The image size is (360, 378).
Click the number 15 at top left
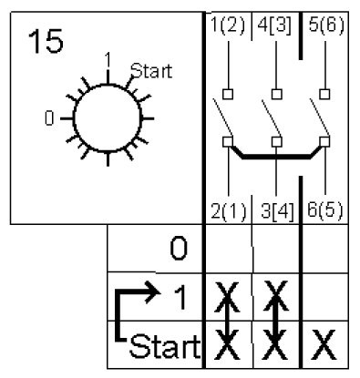click(x=46, y=41)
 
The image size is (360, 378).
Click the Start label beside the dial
click(x=151, y=71)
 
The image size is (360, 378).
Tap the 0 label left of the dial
click(x=49, y=118)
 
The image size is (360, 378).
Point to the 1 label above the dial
click(x=107, y=60)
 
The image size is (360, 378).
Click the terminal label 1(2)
click(x=228, y=25)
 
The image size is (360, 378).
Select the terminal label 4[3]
click(x=274, y=25)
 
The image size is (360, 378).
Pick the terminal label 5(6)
click(x=326, y=25)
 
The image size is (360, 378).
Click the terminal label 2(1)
click(x=228, y=210)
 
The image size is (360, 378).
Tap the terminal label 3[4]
click(x=277, y=210)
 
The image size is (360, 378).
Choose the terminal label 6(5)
click(x=325, y=209)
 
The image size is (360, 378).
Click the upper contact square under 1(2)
click(x=228, y=94)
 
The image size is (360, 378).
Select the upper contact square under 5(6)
click(x=324, y=94)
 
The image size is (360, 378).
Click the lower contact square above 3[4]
click(x=276, y=142)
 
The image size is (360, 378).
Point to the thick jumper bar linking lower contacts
click(x=276, y=157)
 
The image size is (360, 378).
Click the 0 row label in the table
click(x=179, y=249)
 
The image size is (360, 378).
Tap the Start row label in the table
click(x=165, y=345)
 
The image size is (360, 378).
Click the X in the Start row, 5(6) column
click(x=324, y=345)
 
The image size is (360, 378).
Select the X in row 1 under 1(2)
click(x=227, y=297)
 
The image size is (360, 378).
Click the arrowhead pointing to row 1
click(x=153, y=292)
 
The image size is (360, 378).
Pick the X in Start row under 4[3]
click(x=275, y=345)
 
